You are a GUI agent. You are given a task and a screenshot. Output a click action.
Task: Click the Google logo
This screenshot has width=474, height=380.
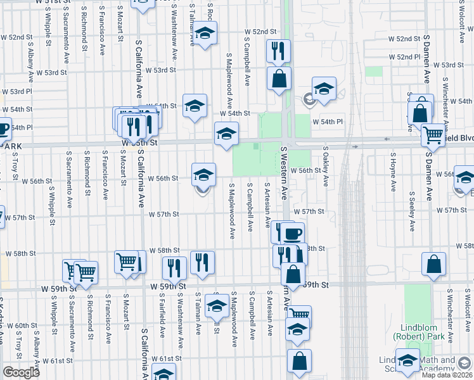(22, 372)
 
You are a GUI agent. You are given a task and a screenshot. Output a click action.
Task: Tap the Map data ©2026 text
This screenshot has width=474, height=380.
(447, 375)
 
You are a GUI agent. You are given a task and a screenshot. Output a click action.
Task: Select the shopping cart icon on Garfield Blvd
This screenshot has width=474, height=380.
(433, 134)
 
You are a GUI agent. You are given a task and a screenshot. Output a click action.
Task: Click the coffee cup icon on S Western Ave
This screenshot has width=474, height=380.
(293, 233)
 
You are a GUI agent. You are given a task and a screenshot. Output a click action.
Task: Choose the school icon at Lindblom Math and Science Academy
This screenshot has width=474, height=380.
(407, 359)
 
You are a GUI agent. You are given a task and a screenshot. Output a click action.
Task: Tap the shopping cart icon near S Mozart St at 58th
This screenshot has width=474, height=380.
(127, 260)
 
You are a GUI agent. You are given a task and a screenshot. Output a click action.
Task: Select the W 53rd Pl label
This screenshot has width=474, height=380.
(13, 92)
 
